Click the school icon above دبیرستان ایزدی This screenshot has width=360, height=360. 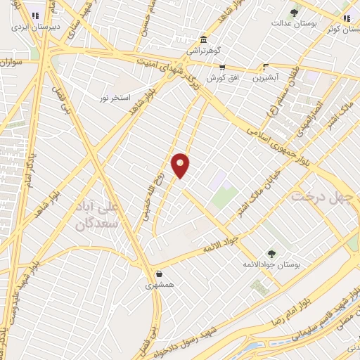pos(35,15)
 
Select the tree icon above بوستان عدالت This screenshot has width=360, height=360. pos(294,12)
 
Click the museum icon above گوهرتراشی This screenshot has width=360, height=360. pos(204,39)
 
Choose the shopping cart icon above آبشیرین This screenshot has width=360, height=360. pos(266,68)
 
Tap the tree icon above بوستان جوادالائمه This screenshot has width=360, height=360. pos(271,253)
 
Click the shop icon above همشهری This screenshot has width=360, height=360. pos(160,274)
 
